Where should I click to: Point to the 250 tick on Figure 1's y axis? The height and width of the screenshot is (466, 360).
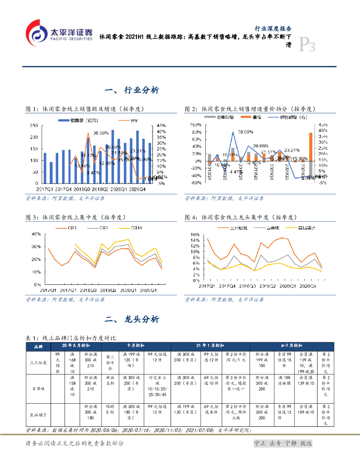34,126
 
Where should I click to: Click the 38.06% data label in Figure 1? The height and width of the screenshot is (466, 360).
101,133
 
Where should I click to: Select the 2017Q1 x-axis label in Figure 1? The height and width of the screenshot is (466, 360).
45,188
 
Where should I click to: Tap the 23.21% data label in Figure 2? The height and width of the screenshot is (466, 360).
292,150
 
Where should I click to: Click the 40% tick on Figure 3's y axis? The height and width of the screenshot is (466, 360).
35,234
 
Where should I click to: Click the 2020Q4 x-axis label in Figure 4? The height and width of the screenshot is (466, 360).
308,286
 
